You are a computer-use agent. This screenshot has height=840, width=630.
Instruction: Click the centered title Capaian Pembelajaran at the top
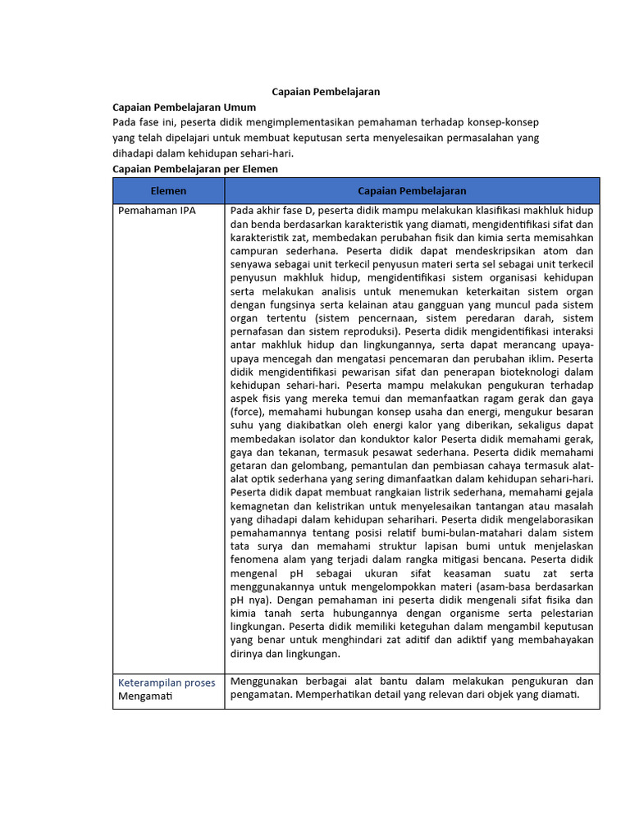point(326,92)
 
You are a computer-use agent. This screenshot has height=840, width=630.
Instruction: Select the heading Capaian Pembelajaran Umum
point(184,107)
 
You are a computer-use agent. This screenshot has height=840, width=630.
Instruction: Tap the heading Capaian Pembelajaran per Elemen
point(195,169)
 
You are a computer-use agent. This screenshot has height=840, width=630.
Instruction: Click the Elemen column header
point(168,190)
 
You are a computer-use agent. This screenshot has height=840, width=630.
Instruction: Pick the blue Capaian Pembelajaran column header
point(412,190)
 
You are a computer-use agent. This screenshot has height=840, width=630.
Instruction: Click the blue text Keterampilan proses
point(167,682)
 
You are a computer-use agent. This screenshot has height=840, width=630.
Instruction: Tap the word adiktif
point(454,640)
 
